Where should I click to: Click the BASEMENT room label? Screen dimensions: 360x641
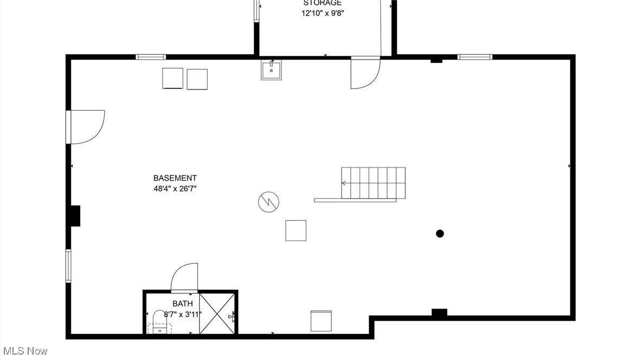coord(175,178)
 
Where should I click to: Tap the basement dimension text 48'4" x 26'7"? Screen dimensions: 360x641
coord(175,189)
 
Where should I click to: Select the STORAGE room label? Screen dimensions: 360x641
coord(322,3)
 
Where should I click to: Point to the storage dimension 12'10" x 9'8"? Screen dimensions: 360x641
coord(323,13)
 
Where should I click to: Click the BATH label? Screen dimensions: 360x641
coord(182,304)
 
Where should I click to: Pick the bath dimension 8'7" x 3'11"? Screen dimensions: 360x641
coord(178,313)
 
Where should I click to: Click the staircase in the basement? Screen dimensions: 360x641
coord(373,183)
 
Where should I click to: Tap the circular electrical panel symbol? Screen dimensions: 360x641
coord(269,202)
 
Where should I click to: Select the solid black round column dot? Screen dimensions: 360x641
coord(440,234)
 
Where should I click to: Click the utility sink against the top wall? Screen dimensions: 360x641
coord(271,70)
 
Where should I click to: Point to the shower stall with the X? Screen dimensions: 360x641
coord(217,313)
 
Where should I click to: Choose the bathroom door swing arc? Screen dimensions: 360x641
coord(185,277)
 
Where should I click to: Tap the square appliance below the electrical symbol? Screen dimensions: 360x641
coord(296,230)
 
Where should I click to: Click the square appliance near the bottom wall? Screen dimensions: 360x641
coord(320,320)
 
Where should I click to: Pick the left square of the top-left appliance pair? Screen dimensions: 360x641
coord(172,78)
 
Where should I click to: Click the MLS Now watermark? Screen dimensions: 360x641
coord(25,351)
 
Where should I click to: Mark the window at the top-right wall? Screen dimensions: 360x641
coord(475,56)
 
